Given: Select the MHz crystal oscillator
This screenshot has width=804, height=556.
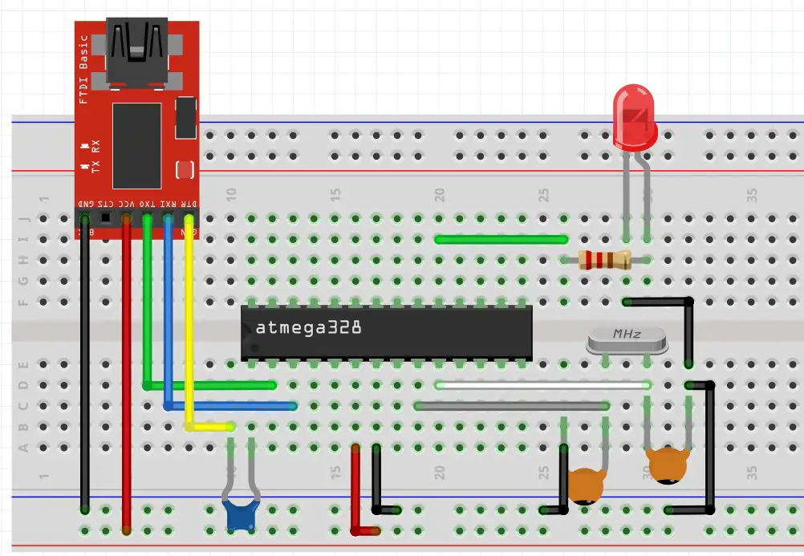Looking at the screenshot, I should (x=627, y=340).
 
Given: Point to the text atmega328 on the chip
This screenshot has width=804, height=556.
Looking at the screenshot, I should (x=308, y=328).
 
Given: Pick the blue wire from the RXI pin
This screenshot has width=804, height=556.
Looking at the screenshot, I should (x=168, y=321).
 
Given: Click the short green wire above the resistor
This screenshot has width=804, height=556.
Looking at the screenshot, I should (x=501, y=239).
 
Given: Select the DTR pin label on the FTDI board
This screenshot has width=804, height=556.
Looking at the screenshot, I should (x=189, y=204).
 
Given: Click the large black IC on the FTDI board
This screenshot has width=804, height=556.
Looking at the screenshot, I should (x=137, y=145).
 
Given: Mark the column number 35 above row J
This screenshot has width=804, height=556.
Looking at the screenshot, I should (x=752, y=195).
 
